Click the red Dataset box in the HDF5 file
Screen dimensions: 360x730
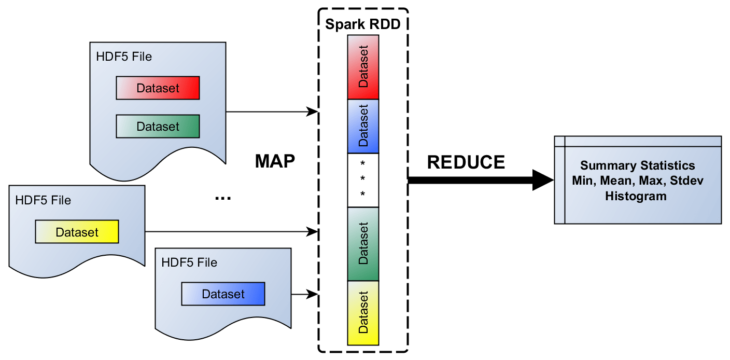point(158,88)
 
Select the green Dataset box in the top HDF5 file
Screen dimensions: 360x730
point(158,127)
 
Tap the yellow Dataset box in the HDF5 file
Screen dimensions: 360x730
point(77,232)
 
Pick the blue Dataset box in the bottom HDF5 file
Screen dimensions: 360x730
point(223,294)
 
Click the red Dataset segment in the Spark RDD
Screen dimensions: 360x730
point(363,67)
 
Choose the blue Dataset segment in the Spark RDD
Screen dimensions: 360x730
point(363,126)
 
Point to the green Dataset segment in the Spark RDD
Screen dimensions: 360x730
point(363,243)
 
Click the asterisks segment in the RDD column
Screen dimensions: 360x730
point(363,180)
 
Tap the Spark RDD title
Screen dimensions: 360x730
point(362,24)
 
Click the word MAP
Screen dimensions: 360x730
point(275,161)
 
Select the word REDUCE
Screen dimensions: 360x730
point(466,162)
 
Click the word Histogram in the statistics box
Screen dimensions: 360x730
point(636,196)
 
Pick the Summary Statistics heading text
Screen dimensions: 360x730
point(637,165)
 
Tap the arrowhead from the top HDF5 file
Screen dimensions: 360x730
point(312,112)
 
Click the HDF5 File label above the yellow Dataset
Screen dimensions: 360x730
point(43,200)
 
